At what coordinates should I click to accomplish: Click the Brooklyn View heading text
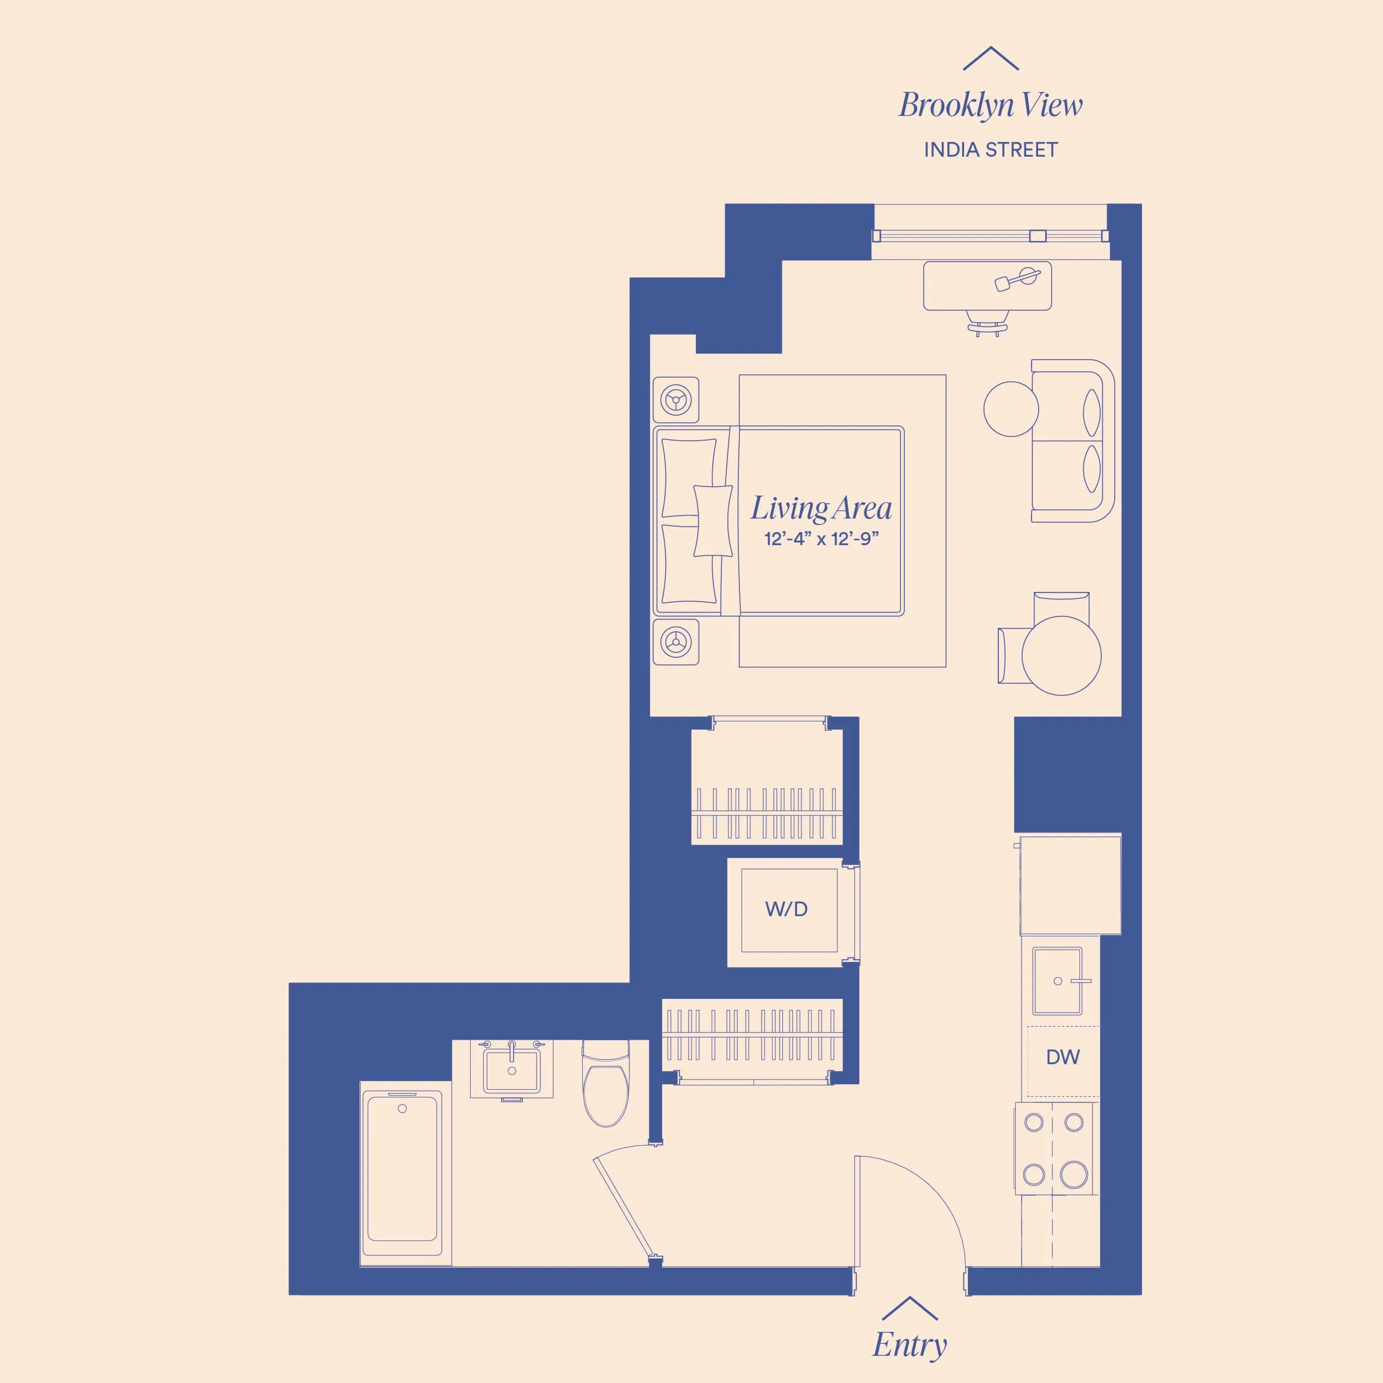pyautogui.click(x=990, y=105)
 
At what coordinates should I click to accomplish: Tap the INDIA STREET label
pyautogui.click(x=990, y=150)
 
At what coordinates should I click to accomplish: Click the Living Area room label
pyautogui.click(x=820, y=508)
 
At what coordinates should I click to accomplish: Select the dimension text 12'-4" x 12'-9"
pyautogui.click(x=820, y=539)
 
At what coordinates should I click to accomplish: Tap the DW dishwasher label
pyautogui.click(x=1063, y=1057)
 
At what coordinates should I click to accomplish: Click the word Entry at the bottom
pyautogui.click(x=909, y=1344)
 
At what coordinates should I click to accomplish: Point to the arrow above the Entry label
pyautogui.click(x=909, y=1308)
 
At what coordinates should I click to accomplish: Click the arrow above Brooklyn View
pyautogui.click(x=990, y=59)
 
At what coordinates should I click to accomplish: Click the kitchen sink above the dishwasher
pyautogui.click(x=1057, y=981)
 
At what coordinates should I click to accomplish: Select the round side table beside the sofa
pyautogui.click(x=1010, y=409)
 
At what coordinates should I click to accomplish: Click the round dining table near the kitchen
pyautogui.click(x=1061, y=655)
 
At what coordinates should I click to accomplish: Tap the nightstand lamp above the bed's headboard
pyautogui.click(x=676, y=399)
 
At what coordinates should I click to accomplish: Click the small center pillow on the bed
pyautogui.click(x=713, y=521)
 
